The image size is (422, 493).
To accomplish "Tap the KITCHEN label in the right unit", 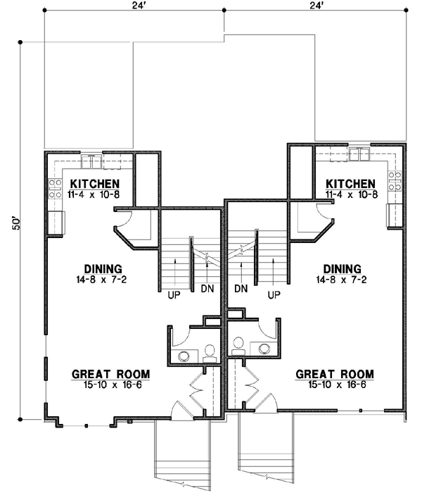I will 350,183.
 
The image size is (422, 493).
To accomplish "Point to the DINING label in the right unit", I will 343,268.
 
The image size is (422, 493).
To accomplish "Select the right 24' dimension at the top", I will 314,6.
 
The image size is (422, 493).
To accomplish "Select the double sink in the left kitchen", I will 92,162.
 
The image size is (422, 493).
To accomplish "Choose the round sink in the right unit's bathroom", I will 264,349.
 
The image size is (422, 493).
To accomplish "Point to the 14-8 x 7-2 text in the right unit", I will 343,279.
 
